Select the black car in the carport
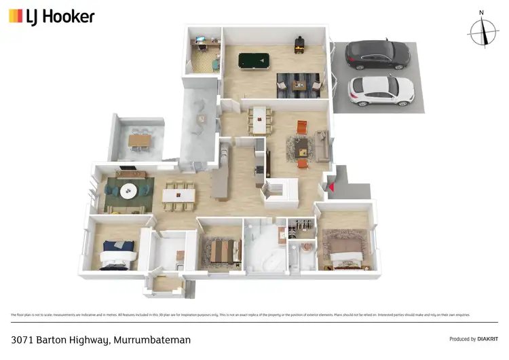coord(377,54)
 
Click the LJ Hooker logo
coord(52,16)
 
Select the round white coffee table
coord(129,192)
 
